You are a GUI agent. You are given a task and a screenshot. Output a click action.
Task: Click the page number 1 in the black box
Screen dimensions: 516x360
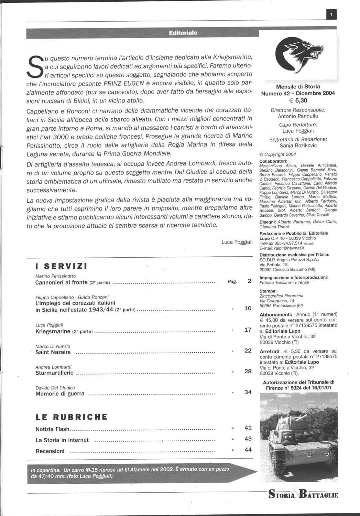pos(331,14)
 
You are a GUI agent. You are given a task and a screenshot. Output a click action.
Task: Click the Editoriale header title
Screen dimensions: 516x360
pos(183,33)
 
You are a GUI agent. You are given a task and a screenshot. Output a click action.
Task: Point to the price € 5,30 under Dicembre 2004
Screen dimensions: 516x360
pos(298,100)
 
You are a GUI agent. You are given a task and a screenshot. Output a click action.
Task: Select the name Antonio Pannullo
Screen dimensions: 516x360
pos(298,116)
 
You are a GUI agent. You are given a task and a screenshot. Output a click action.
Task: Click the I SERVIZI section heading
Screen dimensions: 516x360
pos(62,266)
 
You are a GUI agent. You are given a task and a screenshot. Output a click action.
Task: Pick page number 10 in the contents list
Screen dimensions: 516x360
pos(248,308)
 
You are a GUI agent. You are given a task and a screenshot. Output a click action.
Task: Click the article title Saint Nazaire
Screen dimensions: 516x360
pos(53,352)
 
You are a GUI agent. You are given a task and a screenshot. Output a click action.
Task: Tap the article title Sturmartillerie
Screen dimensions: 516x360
pos(54,373)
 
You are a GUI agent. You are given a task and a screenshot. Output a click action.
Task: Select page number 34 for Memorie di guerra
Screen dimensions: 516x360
pos(248,392)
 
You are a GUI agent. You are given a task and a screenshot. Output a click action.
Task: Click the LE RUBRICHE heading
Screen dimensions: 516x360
pos(72,417)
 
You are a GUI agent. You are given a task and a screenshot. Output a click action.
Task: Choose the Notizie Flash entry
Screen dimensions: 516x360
pos(53,429)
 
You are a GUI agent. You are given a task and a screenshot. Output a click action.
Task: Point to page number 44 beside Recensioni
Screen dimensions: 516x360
pos(248,450)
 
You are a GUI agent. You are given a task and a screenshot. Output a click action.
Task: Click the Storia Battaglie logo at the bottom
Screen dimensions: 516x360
pos(303,495)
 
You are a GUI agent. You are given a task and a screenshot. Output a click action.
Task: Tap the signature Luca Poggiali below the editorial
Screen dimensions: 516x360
pos(237,242)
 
